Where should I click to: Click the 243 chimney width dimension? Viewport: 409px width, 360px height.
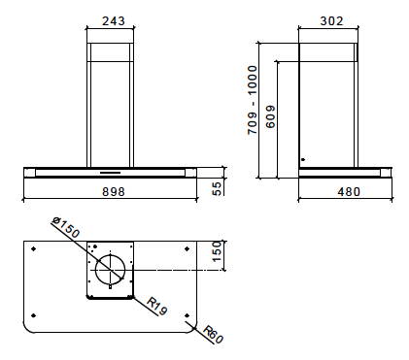tap(114, 21)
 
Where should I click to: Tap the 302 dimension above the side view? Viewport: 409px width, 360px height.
tap(331, 21)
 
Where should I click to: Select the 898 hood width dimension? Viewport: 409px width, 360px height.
tap(114, 191)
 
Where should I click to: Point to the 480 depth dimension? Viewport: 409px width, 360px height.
tap(349, 192)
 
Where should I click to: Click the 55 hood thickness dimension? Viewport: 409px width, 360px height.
tap(218, 188)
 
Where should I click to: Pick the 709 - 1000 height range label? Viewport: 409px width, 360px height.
tap(253, 100)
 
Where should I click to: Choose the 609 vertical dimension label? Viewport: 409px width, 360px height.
tap(270, 116)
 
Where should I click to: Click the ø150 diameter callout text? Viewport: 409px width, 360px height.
tap(66, 227)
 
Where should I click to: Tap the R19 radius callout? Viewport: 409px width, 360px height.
tap(157, 306)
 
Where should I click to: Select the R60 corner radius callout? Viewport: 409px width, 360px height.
tap(213, 335)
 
